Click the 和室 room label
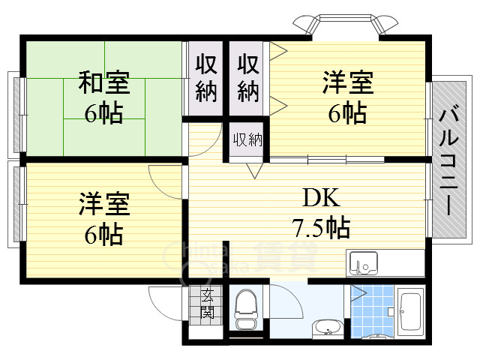(104, 81)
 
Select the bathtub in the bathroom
(411, 312)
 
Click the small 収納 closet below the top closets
(247, 140)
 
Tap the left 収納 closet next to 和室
(206, 78)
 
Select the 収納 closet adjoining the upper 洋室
(248, 78)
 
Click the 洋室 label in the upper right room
(347, 81)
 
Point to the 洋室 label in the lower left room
(104, 203)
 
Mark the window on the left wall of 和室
(16, 112)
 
